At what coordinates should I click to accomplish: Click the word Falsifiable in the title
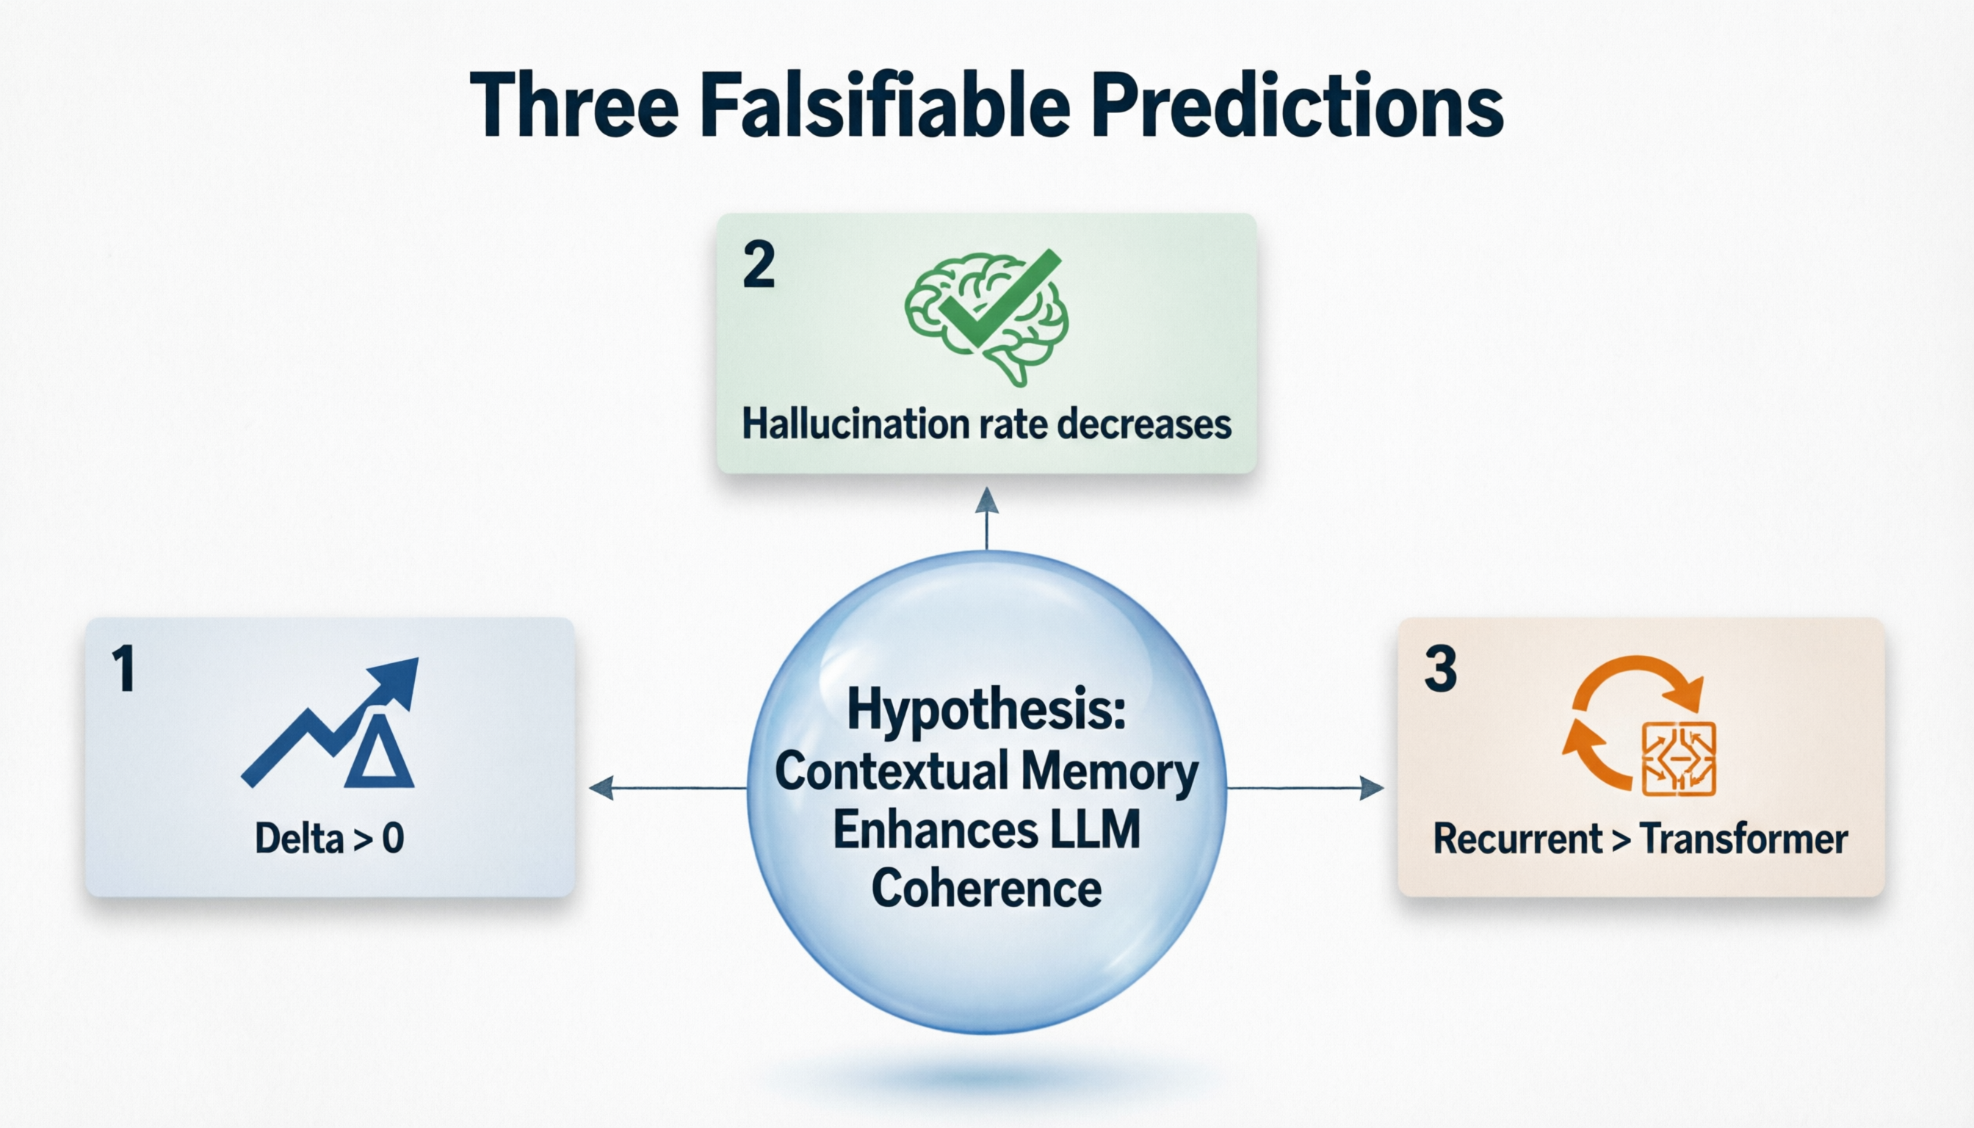886,104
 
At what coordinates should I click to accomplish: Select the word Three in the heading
574,104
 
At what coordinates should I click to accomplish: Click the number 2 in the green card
759,265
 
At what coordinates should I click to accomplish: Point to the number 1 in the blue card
123,668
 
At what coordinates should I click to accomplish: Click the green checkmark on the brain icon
999,298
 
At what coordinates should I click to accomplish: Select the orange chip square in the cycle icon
1679,759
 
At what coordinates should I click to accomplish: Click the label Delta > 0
329,838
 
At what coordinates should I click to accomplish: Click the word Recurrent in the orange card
1518,838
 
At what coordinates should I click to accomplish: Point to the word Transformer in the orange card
1744,838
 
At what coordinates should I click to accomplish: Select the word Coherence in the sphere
986,888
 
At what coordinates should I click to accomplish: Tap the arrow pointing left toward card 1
668,788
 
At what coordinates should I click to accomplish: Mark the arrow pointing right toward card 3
1306,788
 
